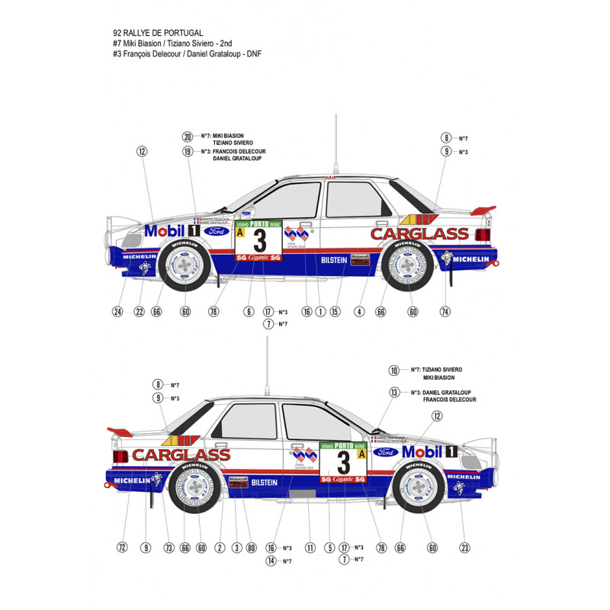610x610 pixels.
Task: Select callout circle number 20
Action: pos(188,136)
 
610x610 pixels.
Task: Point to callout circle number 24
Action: pos(117,311)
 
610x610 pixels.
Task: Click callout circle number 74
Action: pos(445,311)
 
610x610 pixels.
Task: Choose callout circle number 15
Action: pos(335,311)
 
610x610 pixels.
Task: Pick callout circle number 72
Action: pos(121,547)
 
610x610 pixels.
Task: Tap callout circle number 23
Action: pos(465,547)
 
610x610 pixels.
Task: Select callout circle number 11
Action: pos(310,547)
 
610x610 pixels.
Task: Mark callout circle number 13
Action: pos(393,393)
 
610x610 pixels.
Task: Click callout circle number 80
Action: pos(252,547)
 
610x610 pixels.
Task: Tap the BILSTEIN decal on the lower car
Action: pos(264,482)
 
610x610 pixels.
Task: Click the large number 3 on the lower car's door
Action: pos(343,462)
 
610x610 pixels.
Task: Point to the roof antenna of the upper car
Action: pos(334,145)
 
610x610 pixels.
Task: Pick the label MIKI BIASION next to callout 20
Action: pos(228,136)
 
